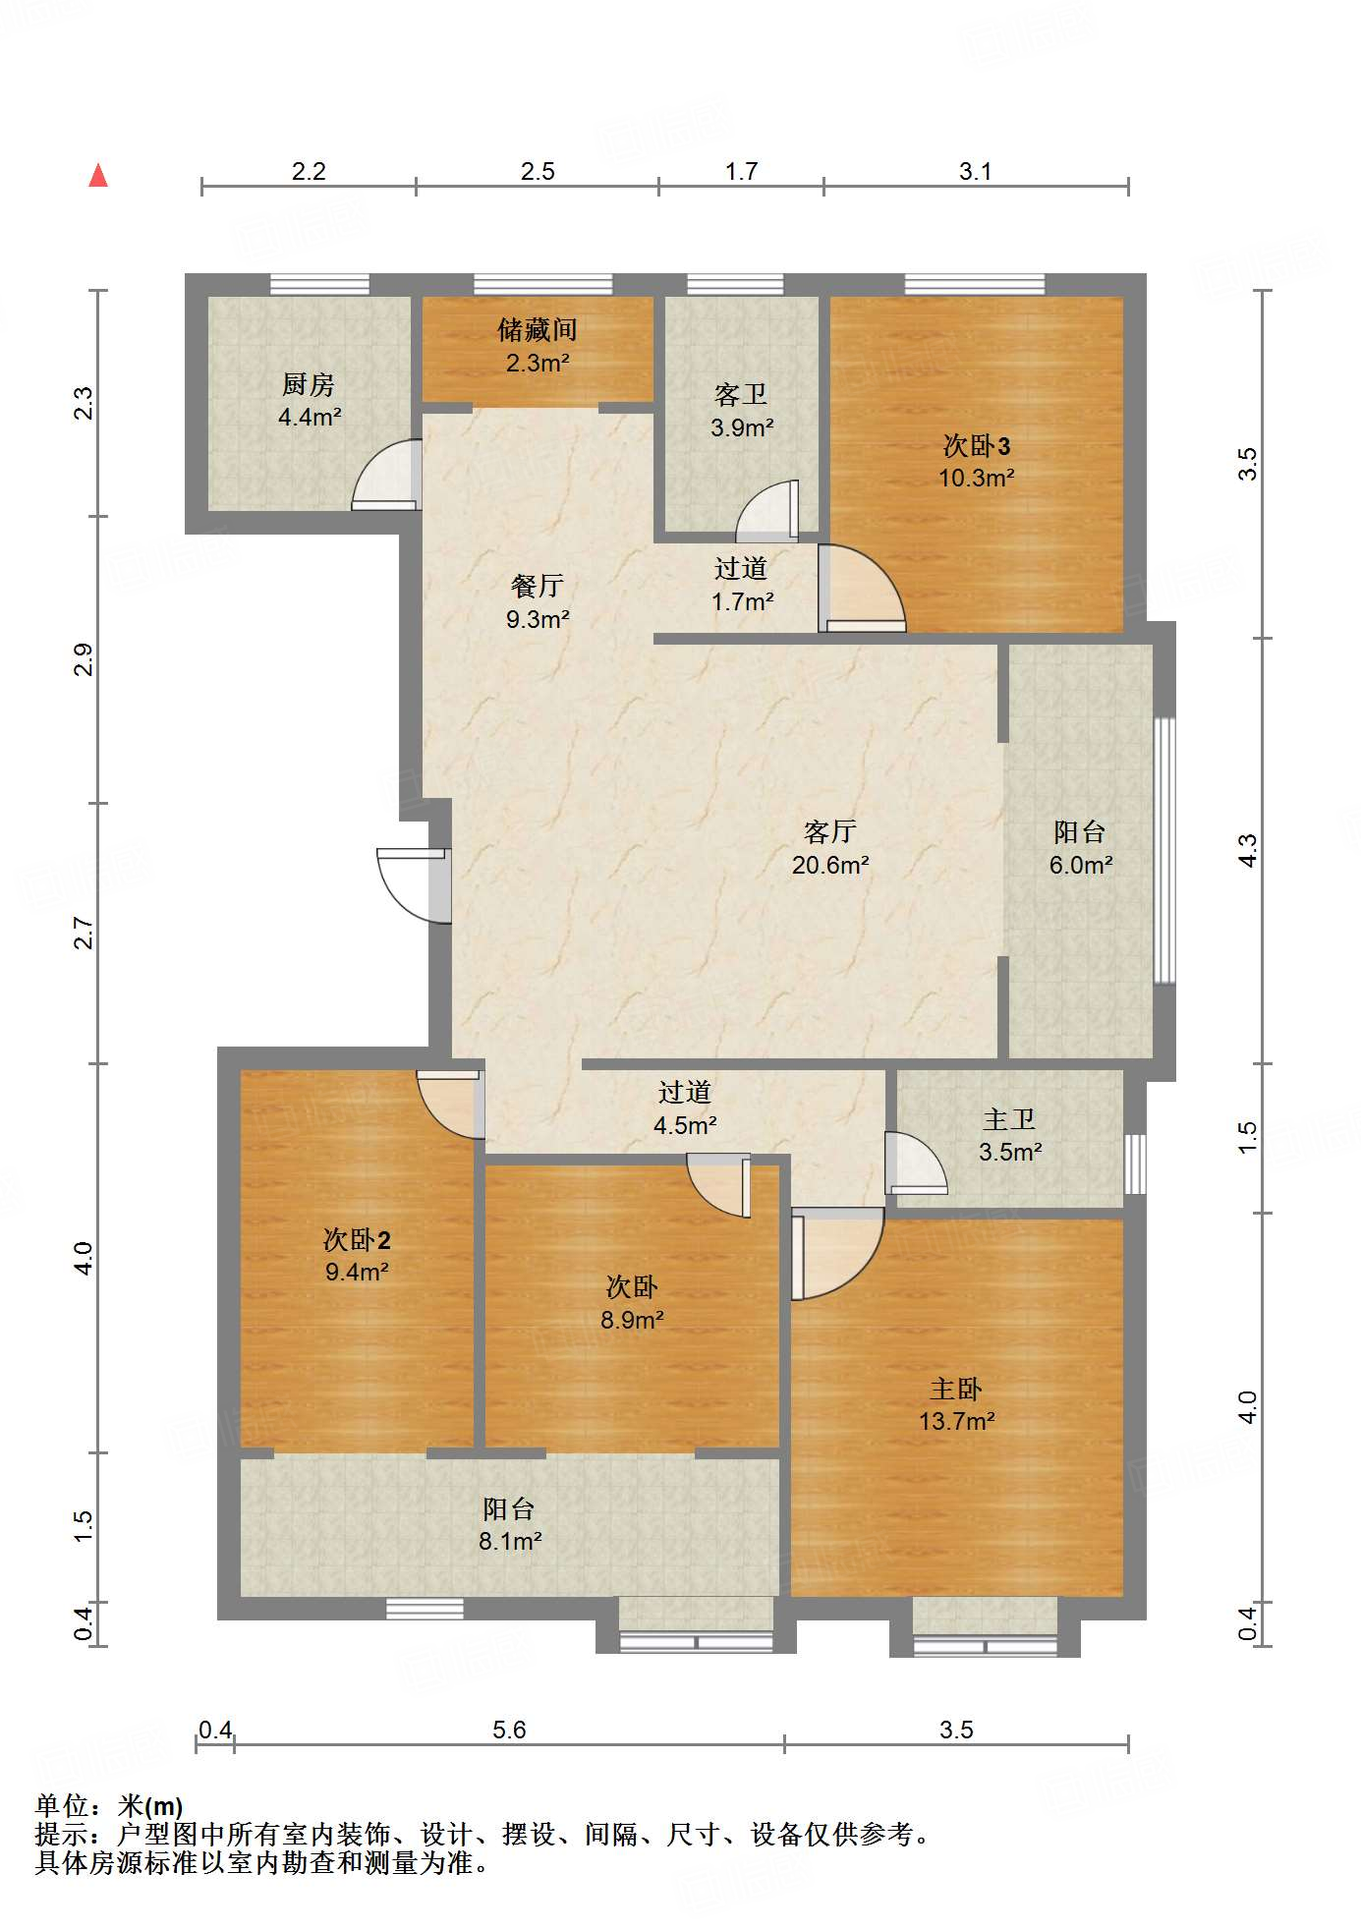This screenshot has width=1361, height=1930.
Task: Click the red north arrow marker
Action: click(x=98, y=175)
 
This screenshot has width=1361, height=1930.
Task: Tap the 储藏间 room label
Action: click(x=537, y=329)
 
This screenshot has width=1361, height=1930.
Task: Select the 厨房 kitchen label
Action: click(x=309, y=384)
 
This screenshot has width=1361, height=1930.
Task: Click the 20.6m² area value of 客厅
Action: click(x=830, y=865)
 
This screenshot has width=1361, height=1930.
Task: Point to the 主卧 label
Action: click(x=956, y=1389)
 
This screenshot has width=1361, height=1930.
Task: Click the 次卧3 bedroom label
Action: click(x=976, y=445)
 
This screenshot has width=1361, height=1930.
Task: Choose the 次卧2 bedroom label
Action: click(x=357, y=1239)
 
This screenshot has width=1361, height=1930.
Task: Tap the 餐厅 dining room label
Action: click(x=537, y=586)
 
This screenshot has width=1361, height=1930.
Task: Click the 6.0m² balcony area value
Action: click(x=1081, y=865)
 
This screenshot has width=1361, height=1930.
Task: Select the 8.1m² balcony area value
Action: click(x=510, y=1541)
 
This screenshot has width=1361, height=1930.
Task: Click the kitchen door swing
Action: click(x=387, y=475)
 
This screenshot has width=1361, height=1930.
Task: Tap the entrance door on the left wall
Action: click(x=414, y=884)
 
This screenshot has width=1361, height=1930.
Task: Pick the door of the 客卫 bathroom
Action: click(x=767, y=511)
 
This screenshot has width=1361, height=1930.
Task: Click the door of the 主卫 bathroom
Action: click(x=916, y=1163)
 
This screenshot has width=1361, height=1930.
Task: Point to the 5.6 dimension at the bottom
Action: click(x=509, y=1730)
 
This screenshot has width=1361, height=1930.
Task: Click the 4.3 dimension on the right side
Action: click(x=1247, y=850)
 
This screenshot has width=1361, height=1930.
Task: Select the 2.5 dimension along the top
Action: click(x=538, y=171)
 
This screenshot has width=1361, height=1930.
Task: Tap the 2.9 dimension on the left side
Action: click(x=84, y=659)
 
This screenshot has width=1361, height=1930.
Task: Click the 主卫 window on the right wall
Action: click(x=1135, y=1164)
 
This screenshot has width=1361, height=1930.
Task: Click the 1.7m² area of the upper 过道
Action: click(x=743, y=601)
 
